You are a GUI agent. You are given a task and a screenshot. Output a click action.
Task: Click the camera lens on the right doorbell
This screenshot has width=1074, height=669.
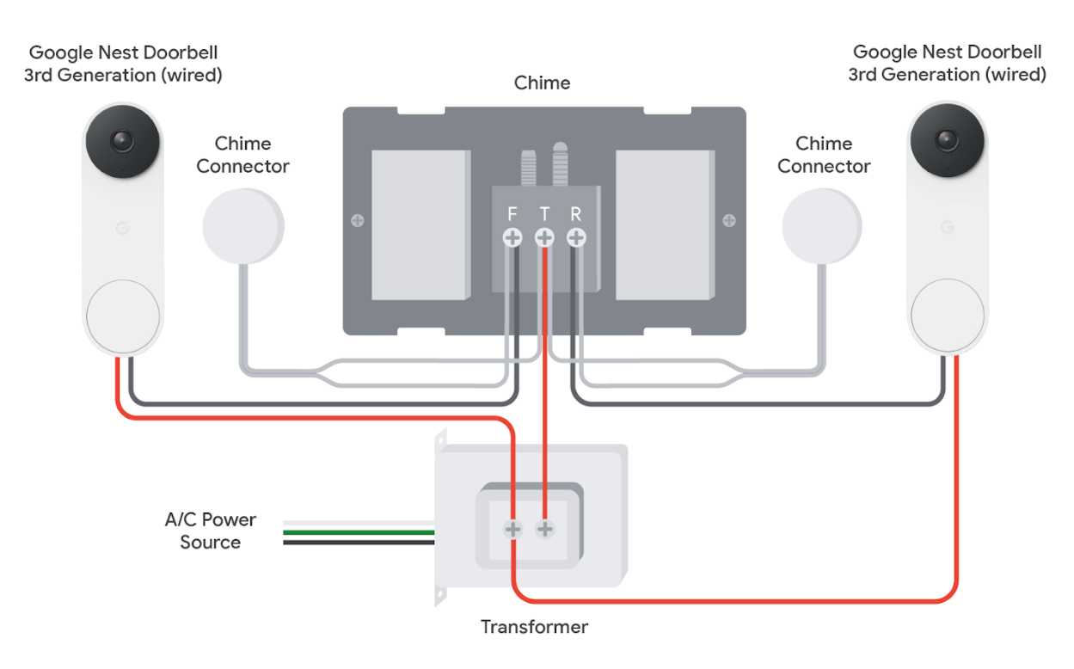tap(948, 139)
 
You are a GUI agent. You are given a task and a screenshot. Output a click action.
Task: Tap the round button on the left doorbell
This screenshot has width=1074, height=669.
tap(122, 315)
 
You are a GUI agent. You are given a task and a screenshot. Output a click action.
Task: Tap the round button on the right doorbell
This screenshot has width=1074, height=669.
tap(948, 313)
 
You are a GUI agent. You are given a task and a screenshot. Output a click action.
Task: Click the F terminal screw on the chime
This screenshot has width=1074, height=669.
tap(512, 237)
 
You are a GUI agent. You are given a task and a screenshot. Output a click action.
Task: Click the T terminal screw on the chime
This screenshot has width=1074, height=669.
tap(544, 237)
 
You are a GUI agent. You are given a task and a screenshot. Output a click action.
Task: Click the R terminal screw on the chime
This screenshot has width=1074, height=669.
tap(576, 237)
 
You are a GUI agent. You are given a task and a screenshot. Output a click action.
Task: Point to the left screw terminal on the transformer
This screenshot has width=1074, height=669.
tap(512, 529)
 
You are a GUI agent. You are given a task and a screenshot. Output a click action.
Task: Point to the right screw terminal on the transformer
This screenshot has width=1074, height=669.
tap(544, 529)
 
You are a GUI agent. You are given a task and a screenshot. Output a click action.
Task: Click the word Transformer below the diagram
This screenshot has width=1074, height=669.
tap(534, 626)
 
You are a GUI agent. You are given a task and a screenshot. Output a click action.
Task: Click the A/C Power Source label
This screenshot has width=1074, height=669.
tap(211, 531)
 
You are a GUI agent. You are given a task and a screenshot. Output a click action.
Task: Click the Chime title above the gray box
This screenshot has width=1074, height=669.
tap(542, 83)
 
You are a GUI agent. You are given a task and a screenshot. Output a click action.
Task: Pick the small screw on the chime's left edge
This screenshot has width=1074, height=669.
tap(357, 221)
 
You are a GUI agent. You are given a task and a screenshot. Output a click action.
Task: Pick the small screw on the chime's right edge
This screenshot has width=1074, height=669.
tap(729, 221)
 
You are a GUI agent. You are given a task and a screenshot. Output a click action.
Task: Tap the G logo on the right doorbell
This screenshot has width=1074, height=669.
tap(947, 227)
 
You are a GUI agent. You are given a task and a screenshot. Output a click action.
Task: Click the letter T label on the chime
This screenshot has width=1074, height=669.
tap(544, 213)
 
